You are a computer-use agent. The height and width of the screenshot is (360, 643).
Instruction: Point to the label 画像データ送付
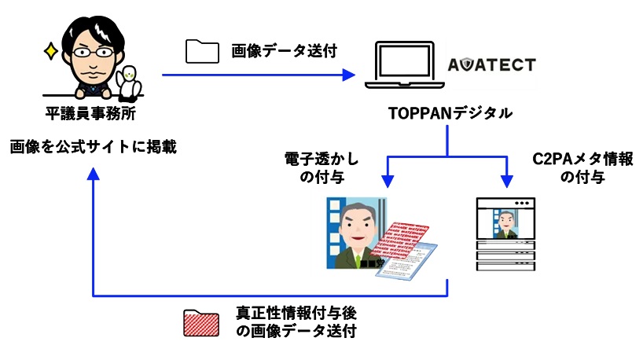click(284, 51)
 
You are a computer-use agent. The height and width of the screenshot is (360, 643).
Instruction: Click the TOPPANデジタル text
click(450, 113)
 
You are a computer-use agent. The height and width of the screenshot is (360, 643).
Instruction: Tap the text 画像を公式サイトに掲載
click(93, 145)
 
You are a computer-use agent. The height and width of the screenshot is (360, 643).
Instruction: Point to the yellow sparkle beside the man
click(51, 53)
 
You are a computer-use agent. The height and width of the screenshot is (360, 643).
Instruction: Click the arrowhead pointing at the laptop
click(349, 75)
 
